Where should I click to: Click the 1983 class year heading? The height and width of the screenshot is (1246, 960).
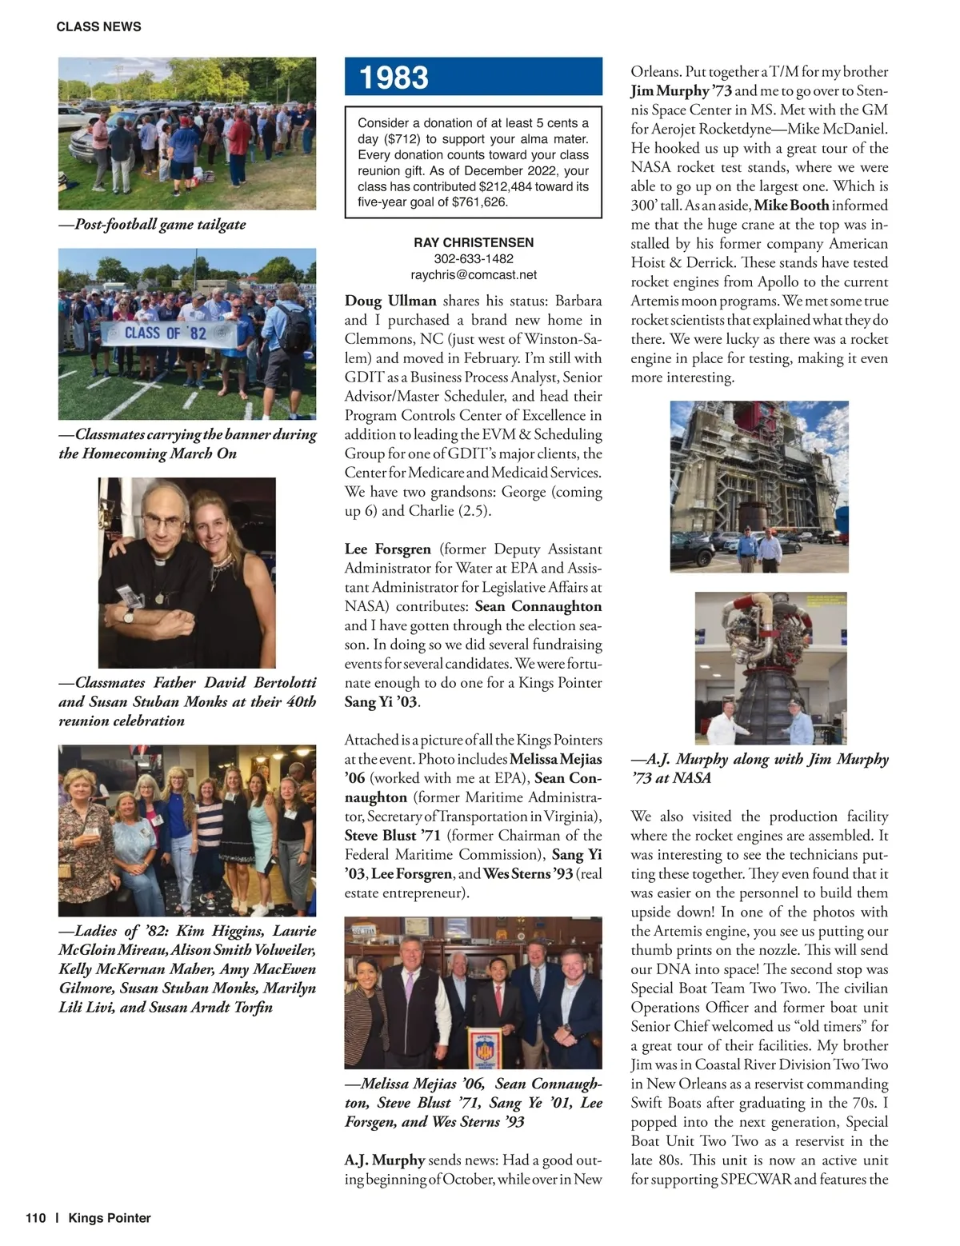[x=394, y=78]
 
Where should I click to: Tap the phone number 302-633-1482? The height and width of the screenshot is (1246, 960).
[x=474, y=259]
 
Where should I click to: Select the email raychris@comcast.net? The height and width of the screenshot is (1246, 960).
[x=474, y=275]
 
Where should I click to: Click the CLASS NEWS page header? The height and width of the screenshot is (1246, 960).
[x=98, y=26]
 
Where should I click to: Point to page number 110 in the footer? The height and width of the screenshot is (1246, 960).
[x=36, y=1218]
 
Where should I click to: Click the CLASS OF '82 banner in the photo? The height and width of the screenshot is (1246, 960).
[x=165, y=333]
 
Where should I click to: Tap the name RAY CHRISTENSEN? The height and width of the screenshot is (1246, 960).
[x=474, y=242]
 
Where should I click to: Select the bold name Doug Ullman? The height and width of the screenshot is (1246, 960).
[x=390, y=301]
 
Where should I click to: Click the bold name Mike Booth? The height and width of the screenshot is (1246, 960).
[x=791, y=206]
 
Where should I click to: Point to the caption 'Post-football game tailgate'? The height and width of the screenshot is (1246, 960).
[x=160, y=225]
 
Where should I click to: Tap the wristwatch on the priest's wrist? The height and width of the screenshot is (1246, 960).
[x=128, y=616]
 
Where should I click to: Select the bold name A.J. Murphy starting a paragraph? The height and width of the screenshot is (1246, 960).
[x=385, y=1160]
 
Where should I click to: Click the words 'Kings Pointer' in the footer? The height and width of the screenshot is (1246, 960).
[x=110, y=1218]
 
